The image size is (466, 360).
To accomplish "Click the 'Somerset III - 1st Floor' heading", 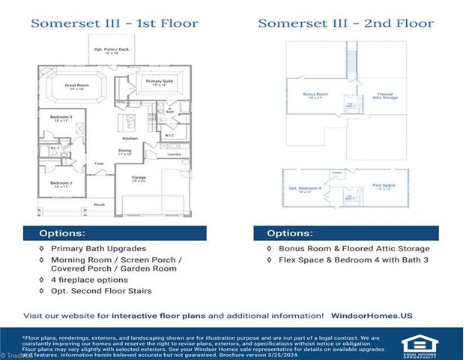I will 115,23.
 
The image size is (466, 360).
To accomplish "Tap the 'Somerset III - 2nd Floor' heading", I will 345,23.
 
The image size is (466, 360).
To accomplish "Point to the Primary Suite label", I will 159,80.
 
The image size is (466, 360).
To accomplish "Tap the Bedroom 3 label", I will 61,118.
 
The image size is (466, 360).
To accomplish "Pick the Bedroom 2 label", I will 61,183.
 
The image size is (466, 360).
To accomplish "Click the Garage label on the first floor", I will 139,178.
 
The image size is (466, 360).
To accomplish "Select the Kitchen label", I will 131,139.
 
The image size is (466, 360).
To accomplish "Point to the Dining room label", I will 126,151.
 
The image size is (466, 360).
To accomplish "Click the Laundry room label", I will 174,154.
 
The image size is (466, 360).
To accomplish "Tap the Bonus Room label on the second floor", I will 310,94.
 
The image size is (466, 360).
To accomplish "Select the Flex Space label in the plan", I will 384,184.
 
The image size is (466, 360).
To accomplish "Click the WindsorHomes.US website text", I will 372,316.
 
